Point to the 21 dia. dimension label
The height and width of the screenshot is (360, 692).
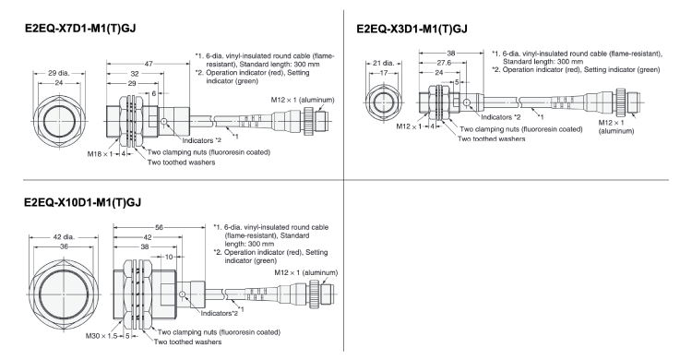point(380,64)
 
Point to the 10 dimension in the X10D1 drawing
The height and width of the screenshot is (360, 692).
point(166,258)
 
